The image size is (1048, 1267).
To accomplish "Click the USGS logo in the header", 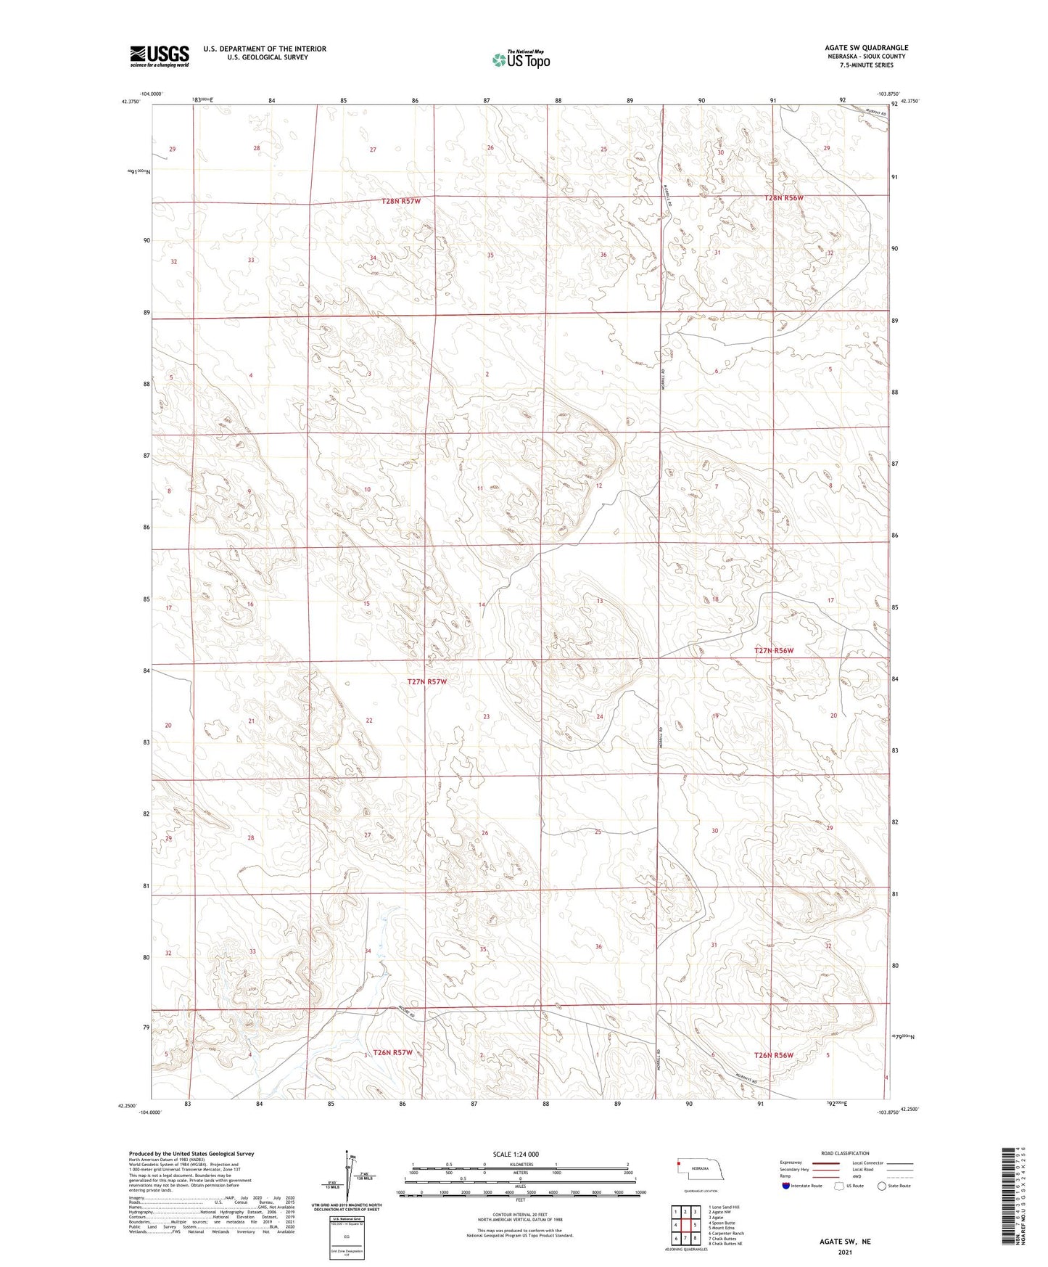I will point(160,56).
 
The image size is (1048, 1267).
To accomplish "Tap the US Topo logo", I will point(520,60).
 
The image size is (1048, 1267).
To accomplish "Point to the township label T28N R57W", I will point(401,201).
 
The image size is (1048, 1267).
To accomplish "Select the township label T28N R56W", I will point(783,198).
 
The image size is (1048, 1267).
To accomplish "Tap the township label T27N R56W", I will point(774,651).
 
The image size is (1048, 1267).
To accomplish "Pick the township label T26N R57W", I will point(392,1052).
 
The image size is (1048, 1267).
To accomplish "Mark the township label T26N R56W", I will point(774,1055).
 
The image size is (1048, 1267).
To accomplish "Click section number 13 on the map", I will point(600,601).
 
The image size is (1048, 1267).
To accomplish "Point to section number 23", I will point(487,717).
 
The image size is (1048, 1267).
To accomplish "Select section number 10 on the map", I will point(368,490).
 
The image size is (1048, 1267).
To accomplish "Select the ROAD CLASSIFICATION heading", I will point(845,1153).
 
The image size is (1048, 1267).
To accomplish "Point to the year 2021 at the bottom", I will point(844,1252).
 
